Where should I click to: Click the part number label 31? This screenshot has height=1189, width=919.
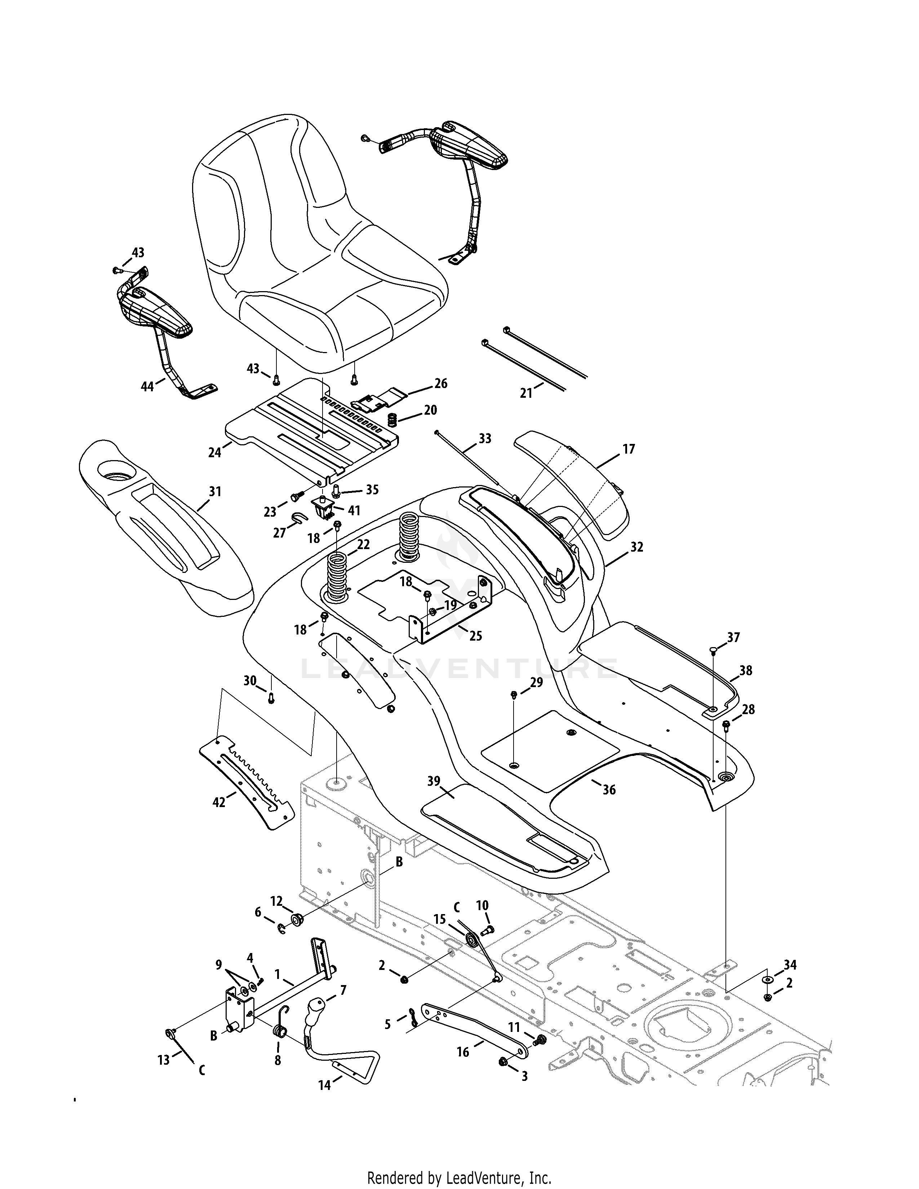click(x=216, y=491)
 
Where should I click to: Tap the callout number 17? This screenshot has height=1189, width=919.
click(x=629, y=449)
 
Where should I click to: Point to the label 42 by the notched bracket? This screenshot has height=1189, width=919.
click(x=218, y=802)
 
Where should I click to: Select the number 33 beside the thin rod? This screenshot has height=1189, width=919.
click(x=484, y=438)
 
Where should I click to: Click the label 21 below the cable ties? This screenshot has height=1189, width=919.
click(x=526, y=392)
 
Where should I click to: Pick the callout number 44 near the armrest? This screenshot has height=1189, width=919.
click(x=147, y=387)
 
